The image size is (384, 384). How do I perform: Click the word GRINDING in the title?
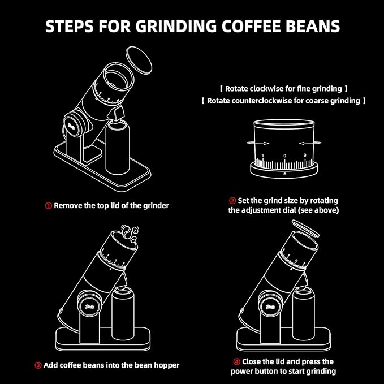point(164,27)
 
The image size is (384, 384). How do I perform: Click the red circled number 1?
point(49,205)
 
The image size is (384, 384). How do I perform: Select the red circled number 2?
point(232,201)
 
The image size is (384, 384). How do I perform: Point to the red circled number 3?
point(38,365)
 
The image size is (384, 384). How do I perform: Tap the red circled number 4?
point(236,361)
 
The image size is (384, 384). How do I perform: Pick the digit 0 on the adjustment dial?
point(284,155)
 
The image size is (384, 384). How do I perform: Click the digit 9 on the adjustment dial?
point(305,154)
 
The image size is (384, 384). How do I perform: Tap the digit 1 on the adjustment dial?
point(262,155)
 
